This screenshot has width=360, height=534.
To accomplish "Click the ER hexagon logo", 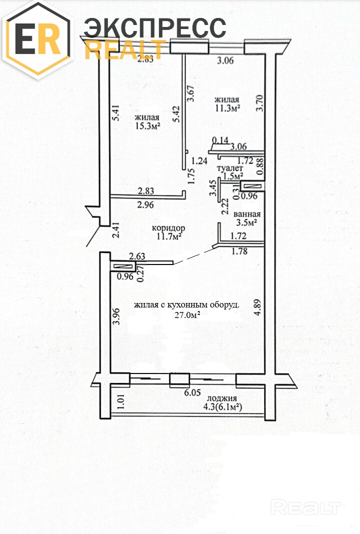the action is click(38, 39).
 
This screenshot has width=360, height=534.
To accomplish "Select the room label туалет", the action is click(230, 168).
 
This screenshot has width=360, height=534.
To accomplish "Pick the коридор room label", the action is click(168, 228).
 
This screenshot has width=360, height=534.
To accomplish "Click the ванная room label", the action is click(247, 214).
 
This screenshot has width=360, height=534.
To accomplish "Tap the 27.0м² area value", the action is click(187, 315).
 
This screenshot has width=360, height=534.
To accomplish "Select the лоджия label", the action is click(221, 398).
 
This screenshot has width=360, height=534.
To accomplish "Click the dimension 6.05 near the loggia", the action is click(192, 392).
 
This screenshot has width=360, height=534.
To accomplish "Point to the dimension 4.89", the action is click(257, 307).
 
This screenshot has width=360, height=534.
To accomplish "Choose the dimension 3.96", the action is click(116, 316).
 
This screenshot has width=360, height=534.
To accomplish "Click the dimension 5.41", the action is click(116, 113).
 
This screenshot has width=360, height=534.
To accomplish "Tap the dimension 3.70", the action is click(260, 103).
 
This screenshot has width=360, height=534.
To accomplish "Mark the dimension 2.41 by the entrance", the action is click(116, 230).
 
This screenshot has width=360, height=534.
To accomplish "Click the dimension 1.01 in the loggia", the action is click(121, 402).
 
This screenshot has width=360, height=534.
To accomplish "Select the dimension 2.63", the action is click(137, 256).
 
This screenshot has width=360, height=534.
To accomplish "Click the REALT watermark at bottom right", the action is click(305, 507).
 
